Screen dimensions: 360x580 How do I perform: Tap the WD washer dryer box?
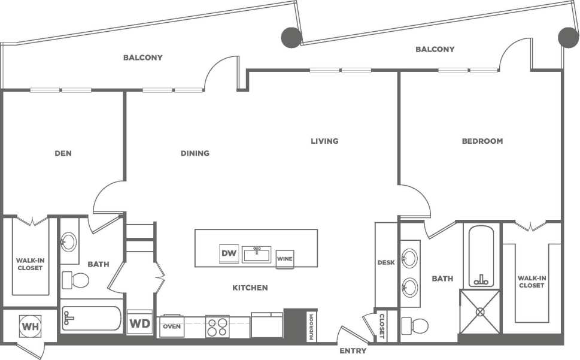(139, 323)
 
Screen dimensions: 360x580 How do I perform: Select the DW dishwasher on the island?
(229, 254)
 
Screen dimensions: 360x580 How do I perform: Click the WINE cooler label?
(284, 259)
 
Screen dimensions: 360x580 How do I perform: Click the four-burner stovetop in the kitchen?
(217, 327)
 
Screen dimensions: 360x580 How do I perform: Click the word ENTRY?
(353, 351)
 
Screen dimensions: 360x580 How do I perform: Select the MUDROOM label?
(311, 327)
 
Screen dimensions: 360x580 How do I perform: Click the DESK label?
(385, 262)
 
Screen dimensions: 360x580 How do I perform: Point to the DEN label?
(63, 153)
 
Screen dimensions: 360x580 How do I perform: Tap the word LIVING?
(324, 141)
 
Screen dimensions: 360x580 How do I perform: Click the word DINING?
(195, 153)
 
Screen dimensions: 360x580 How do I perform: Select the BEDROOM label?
(482, 141)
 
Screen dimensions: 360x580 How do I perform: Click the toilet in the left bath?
(77, 280)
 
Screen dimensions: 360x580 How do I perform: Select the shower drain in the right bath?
(479, 311)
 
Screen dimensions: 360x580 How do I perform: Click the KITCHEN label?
(250, 288)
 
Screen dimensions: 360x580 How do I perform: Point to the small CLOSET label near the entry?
(381, 326)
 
